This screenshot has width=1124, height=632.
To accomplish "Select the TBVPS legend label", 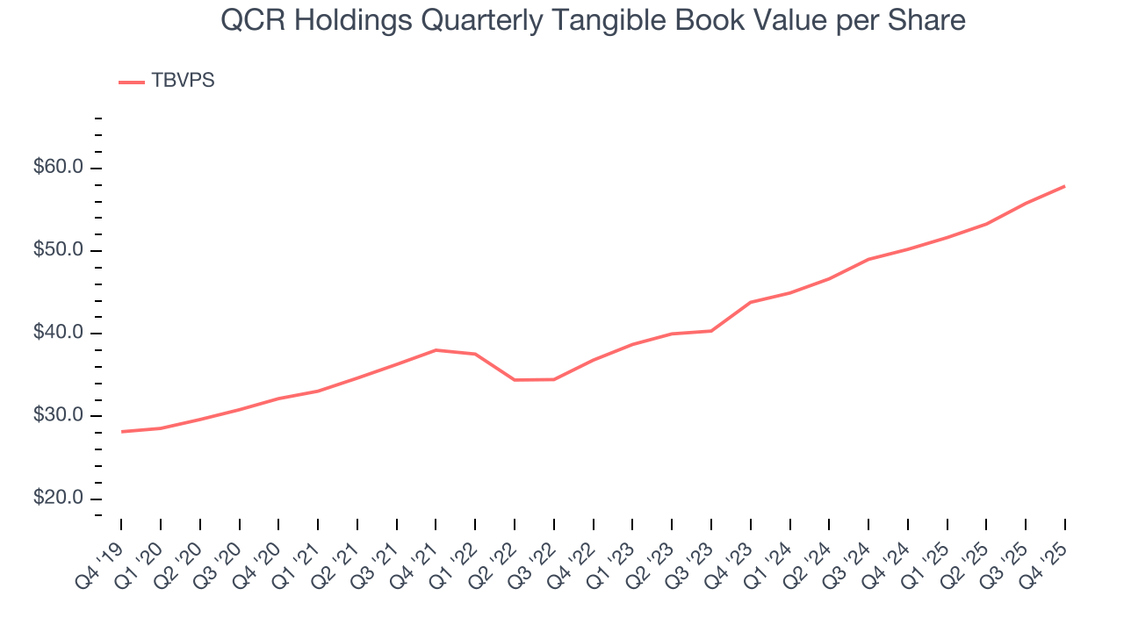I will [183, 81].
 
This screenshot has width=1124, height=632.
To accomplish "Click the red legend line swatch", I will [132, 82].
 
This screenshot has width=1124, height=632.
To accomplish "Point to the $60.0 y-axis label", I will [58, 168].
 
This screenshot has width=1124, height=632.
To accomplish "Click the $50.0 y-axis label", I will [58, 250].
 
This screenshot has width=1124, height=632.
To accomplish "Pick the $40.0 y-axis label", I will [58, 334].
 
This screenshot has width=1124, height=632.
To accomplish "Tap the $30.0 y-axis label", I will [58, 416].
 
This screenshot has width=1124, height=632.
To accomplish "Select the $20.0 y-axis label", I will [58, 499].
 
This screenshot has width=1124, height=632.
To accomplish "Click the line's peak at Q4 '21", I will [436, 350].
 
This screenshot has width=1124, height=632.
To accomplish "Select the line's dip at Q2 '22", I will [515, 380].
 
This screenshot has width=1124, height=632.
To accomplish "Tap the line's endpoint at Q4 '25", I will [1064, 186].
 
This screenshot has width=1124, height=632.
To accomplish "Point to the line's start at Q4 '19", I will [121, 432].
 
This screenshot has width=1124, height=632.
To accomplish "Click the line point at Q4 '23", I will [751, 302].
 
